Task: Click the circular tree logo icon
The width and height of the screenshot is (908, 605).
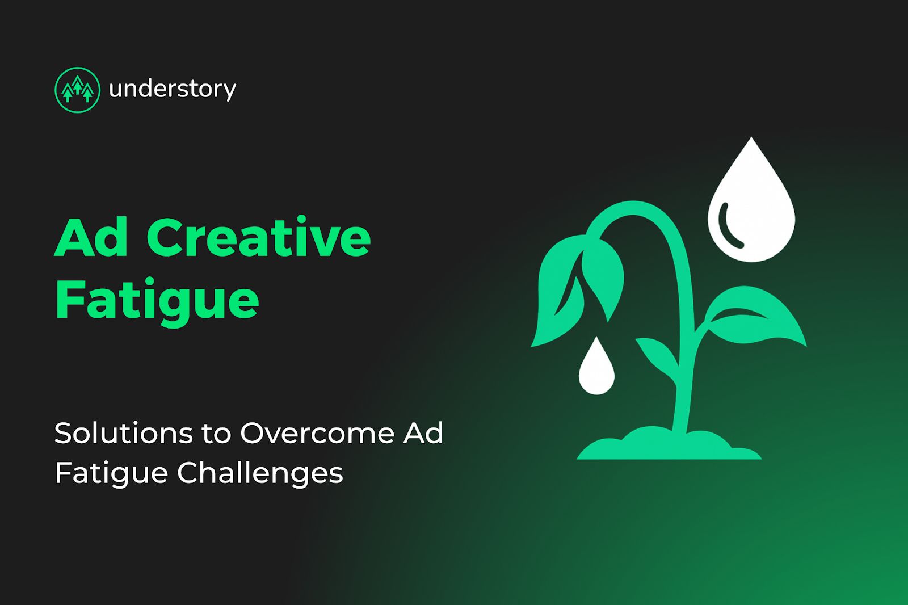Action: pos(77,90)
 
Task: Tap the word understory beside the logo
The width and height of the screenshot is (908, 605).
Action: pos(173,89)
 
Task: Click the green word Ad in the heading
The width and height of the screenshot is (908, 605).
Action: pos(91,237)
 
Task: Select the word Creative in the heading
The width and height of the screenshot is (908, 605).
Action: pos(259,237)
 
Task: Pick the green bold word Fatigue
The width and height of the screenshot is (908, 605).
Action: pos(157,301)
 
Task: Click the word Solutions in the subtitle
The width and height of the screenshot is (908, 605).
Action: pos(124,433)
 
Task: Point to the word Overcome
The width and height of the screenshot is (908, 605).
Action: pos(317,433)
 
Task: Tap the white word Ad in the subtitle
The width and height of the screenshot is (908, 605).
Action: pos(423,433)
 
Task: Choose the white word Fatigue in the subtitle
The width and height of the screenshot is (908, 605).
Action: pos(111,473)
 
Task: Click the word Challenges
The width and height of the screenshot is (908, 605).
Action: pos(260,473)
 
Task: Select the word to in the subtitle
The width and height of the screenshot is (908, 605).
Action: pos(216,434)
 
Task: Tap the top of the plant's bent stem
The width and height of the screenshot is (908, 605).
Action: pos(633,208)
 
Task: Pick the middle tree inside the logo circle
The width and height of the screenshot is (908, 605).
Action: pos(78,86)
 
